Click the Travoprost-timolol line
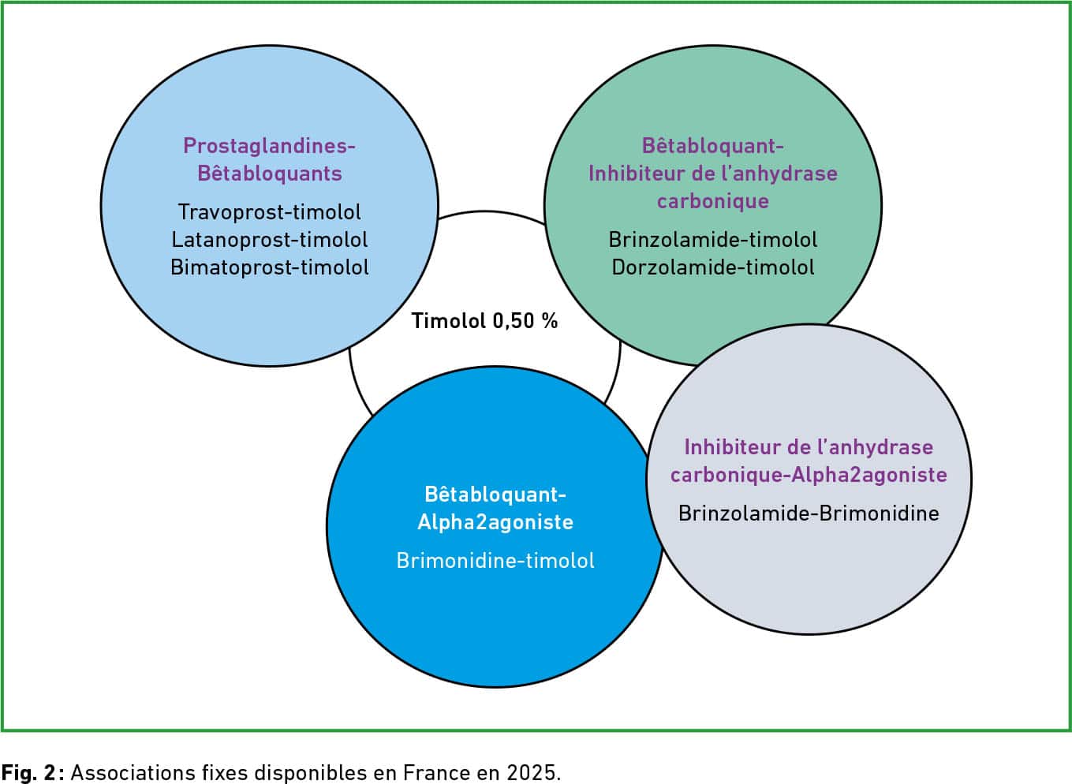coord(270,212)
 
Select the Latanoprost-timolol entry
coord(270,240)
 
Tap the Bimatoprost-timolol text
coord(270,267)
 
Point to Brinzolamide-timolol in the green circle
coord(713,240)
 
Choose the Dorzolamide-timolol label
coord(713,267)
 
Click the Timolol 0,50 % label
coord(485,321)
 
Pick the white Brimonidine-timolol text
coord(495,561)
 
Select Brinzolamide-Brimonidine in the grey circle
coord(809,513)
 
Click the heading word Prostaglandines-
coord(270,146)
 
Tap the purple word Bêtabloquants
coord(270,174)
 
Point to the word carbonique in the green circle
coord(713,201)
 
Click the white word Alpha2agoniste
coord(495,522)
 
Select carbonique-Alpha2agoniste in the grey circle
coord(809,475)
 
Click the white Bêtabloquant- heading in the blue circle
coord(495,495)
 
